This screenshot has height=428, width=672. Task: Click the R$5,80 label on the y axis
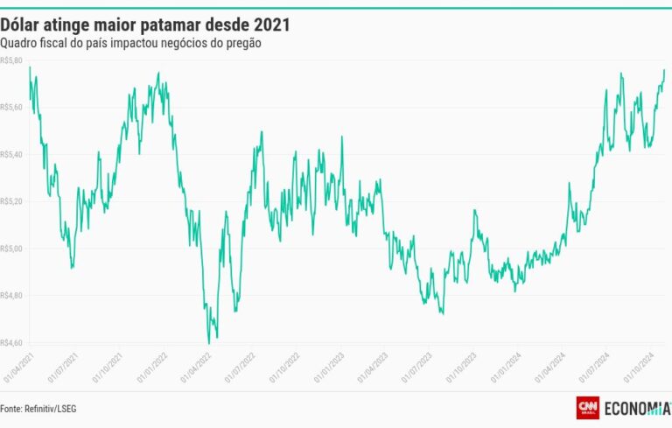tap(12, 60)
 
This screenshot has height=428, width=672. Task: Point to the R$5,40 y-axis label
tap(12, 154)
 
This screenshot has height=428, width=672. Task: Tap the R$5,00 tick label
tap(12, 249)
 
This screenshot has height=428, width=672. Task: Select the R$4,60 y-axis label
tap(12, 342)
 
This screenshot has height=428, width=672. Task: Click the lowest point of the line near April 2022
tap(209, 343)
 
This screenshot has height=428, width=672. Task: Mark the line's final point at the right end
tap(664, 70)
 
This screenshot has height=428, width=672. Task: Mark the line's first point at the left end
tap(29, 67)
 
